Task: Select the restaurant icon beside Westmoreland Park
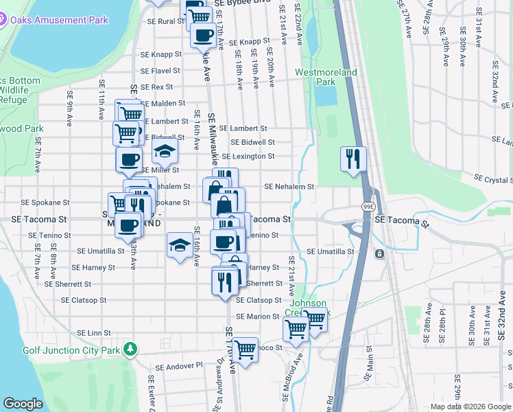click(353, 159)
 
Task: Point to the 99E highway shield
click(368, 205)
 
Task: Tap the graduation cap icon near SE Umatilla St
click(180, 244)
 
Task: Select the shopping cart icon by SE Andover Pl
click(245, 350)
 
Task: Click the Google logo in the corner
click(23, 404)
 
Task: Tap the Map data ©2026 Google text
click(470, 407)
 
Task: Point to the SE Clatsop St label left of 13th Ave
click(84, 300)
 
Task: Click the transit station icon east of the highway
click(379, 253)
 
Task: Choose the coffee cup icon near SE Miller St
click(128, 161)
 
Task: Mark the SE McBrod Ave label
click(298, 368)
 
